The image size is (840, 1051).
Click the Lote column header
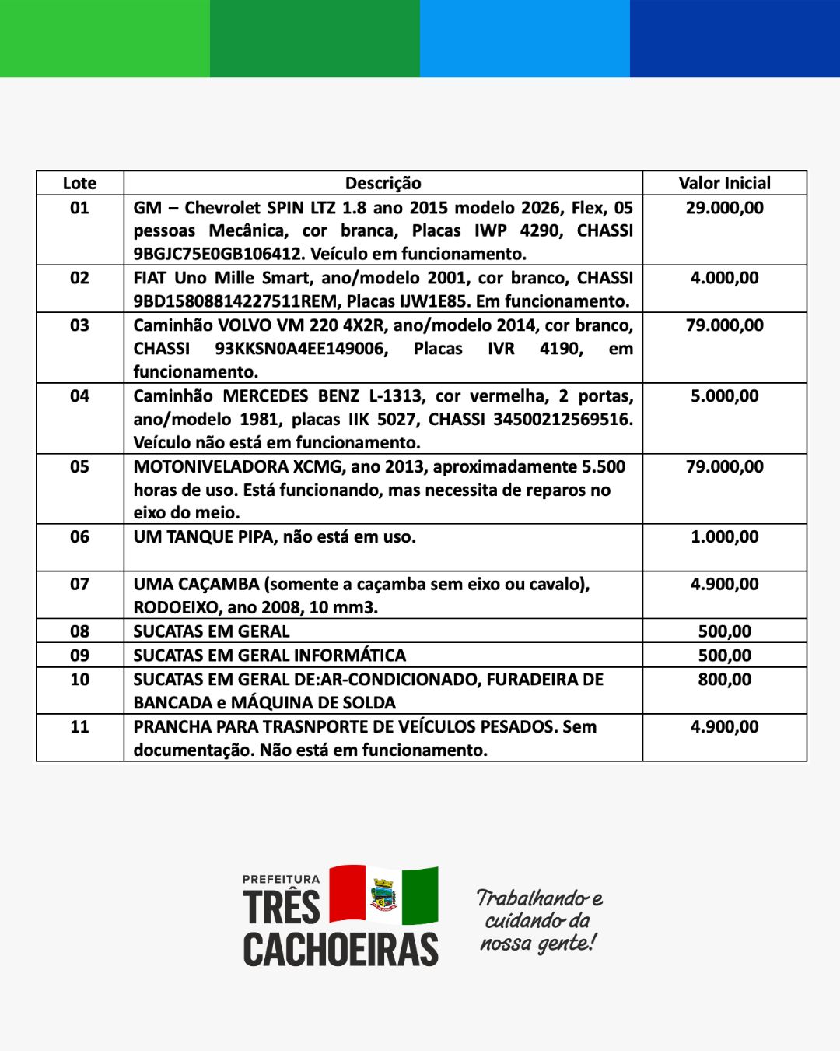[79, 183]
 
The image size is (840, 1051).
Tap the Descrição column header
[383, 183]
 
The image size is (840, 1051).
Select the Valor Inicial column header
[724, 183]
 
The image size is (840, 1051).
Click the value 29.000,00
[724, 208]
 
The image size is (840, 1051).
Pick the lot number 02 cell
[79, 278]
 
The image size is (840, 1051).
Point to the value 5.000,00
[724, 395]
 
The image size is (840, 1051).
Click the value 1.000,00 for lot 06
[724, 536]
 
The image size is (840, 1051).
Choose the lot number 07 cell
[79, 584]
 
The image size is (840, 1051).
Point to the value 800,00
[724, 679]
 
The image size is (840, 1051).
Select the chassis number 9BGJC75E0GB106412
[217, 254]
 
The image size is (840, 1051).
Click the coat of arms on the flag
[383, 895]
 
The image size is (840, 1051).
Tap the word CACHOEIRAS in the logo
[341, 949]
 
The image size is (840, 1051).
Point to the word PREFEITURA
[281, 879]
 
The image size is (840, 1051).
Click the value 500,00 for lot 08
[724, 631]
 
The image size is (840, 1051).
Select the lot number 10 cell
[79, 679]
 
